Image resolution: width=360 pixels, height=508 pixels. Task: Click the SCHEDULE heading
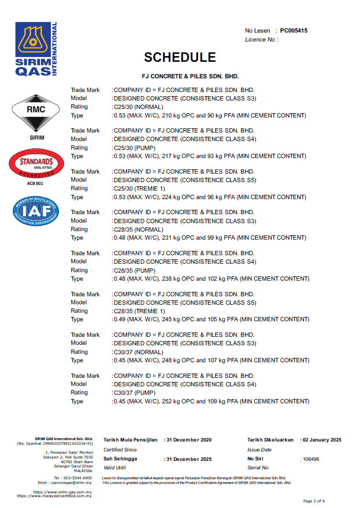[180, 57]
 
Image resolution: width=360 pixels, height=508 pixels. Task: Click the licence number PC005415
[293, 31]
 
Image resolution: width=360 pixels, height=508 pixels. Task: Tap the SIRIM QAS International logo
[36, 49]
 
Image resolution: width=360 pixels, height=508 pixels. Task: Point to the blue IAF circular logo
[35, 210]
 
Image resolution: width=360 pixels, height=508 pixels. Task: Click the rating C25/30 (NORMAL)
[138, 107]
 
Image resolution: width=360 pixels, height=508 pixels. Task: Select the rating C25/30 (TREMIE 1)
[139, 189]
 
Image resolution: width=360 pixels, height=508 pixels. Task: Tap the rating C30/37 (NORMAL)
[138, 352]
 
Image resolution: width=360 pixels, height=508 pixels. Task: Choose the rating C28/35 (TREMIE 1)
[139, 311]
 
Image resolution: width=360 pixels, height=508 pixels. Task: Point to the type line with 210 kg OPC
[209, 116]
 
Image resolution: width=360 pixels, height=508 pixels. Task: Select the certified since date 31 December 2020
[189, 440]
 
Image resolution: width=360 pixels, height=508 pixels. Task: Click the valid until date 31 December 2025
[189, 459]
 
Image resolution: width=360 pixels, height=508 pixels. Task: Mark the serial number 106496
[311, 459]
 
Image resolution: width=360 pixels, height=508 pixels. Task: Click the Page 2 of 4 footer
[314, 501]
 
